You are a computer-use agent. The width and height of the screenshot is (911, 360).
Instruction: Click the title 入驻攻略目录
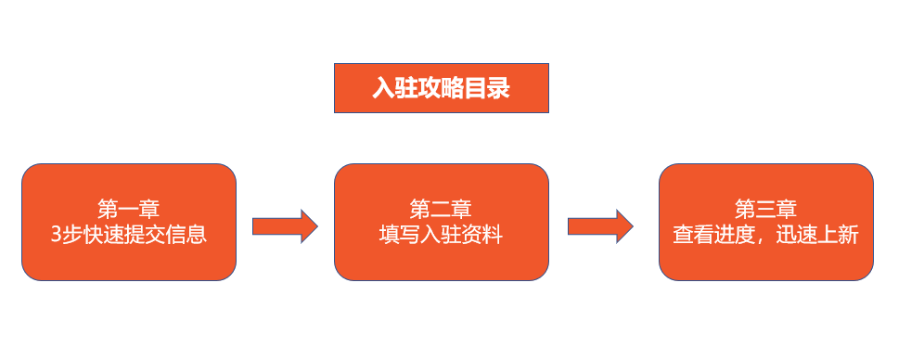click(441, 89)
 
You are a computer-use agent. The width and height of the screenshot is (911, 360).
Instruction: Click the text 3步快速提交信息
click(129, 235)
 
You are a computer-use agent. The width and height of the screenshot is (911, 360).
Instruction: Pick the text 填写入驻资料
click(441, 235)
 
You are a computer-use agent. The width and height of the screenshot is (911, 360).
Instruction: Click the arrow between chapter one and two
click(285, 225)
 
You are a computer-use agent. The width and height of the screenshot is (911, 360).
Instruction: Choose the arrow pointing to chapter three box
click(599, 225)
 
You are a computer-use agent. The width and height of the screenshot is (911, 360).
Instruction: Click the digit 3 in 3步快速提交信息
click(57, 235)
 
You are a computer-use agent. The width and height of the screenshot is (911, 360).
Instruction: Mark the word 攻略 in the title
click(441, 89)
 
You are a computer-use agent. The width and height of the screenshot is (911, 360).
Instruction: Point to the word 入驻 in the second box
click(441, 235)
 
